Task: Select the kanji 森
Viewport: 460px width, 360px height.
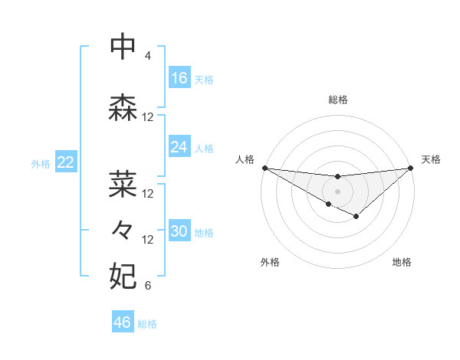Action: (x=124, y=110)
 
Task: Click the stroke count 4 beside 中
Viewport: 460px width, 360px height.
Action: (x=147, y=56)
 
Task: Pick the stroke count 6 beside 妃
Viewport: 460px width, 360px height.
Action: (x=147, y=286)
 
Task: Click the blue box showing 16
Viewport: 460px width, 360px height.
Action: (x=179, y=77)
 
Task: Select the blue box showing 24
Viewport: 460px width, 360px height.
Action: (x=179, y=147)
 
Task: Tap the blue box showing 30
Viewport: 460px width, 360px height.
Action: (x=179, y=231)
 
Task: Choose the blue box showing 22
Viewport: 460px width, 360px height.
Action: (x=65, y=162)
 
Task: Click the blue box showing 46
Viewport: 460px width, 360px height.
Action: (x=123, y=322)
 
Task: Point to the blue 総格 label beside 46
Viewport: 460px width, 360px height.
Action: (x=147, y=324)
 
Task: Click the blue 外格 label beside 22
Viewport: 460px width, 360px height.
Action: (x=41, y=163)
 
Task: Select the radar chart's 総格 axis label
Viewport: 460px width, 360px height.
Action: (x=337, y=100)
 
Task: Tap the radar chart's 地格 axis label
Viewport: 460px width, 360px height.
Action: (x=402, y=263)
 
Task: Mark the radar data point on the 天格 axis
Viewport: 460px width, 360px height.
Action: (x=411, y=168)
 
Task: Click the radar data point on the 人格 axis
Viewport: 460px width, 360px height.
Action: (x=264, y=168)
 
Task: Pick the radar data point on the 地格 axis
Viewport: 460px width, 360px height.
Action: (x=356, y=217)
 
